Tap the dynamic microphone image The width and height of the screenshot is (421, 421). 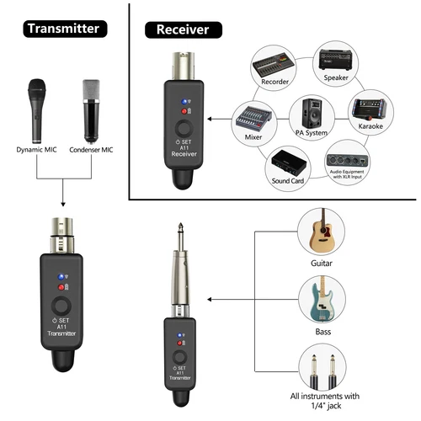(36, 109)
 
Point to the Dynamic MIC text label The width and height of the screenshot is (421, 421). (35, 150)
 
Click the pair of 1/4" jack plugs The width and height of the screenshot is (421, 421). (323, 370)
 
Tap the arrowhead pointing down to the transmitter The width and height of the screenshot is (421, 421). (64, 205)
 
